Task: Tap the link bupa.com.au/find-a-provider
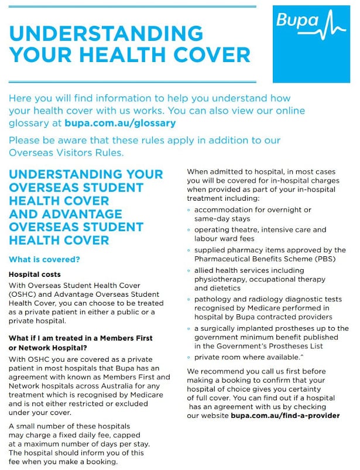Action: coord(285,416)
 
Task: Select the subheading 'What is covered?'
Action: coord(44,259)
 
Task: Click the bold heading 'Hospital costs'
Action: coord(34,274)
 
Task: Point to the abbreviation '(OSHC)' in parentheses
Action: coord(22,294)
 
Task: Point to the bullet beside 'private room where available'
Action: coord(189,356)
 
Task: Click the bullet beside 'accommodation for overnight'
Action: coord(189,210)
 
